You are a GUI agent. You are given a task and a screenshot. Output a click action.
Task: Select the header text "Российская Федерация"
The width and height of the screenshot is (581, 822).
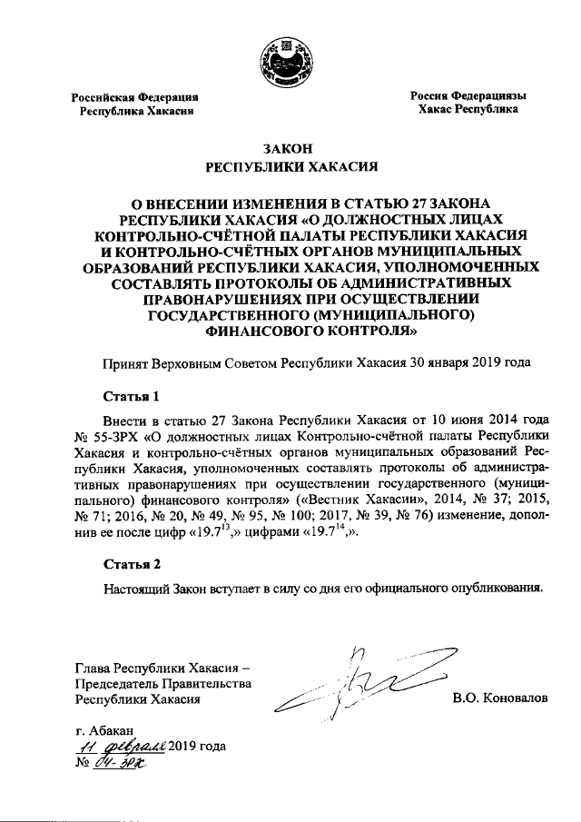pos(136,96)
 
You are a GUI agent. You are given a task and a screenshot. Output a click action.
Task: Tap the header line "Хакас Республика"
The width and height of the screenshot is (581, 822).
pos(468,109)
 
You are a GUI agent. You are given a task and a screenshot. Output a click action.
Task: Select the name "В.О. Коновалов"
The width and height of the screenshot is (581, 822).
pos(499,700)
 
